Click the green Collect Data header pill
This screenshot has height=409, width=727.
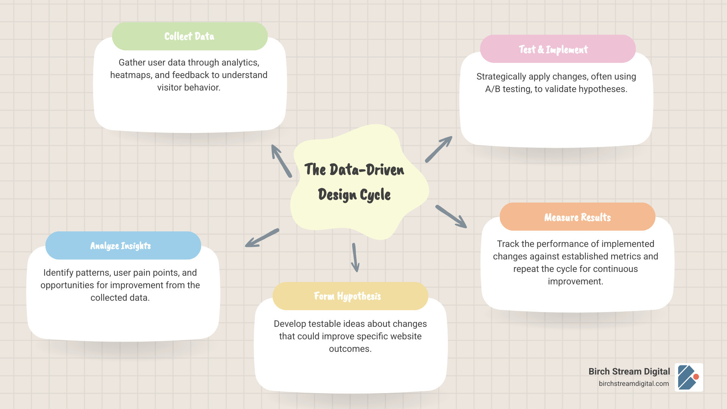tap(190, 36)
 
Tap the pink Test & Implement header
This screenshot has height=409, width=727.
tap(557, 49)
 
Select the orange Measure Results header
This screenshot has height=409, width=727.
tap(577, 217)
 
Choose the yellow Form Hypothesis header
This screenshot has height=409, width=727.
tap(350, 296)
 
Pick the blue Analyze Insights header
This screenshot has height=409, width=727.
tap(123, 246)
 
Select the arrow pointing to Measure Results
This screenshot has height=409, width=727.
tap(451, 217)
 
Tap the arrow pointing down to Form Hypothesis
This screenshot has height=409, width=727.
tap(355, 258)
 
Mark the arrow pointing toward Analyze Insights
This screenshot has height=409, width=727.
tap(262, 238)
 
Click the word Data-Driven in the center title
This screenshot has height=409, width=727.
tap(367, 170)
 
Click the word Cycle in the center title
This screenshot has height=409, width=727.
tap(375, 195)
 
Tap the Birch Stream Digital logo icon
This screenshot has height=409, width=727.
tap(689, 377)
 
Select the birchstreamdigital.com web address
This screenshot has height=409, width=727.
tap(633, 384)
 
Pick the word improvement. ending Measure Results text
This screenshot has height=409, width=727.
tap(575, 281)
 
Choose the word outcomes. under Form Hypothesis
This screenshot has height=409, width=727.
tap(350, 349)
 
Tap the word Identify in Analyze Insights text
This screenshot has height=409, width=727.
tap(58, 273)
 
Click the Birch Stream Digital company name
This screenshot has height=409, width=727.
tap(629, 372)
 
